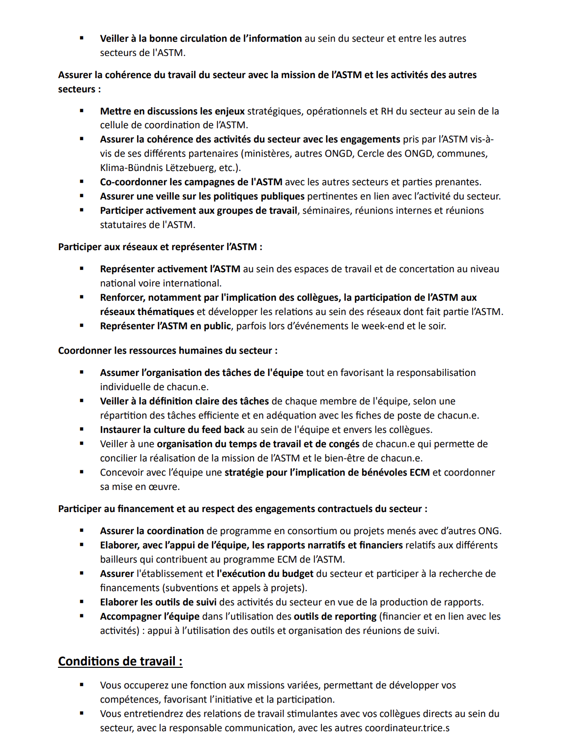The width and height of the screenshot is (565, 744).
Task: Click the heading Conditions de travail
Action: point(120,661)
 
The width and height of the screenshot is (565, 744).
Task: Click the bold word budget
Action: point(297,573)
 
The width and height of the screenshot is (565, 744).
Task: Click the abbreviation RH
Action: point(387,111)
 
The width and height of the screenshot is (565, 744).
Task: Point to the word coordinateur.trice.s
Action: point(407,728)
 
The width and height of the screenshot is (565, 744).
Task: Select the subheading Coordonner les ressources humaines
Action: point(168,350)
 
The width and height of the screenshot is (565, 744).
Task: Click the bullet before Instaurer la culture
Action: point(82,429)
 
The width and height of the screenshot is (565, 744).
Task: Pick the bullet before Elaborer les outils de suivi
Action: point(82,602)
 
